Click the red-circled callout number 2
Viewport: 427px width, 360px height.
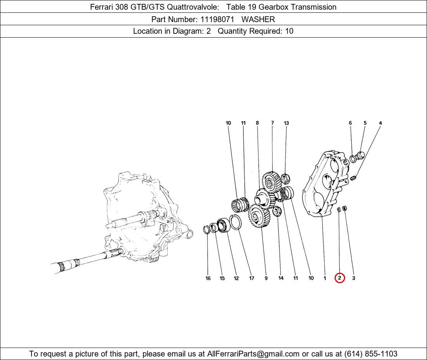[340, 278]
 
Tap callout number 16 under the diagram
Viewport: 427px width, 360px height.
[208, 278]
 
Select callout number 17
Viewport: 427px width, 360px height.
[252, 278]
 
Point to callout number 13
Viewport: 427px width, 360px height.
[286, 123]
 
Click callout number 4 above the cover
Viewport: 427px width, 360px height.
[380, 123]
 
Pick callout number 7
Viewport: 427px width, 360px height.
[273, 123]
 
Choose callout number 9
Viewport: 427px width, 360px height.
[266, 278]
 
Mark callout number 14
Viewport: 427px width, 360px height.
[281, 278]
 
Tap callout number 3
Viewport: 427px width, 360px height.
[354, 278]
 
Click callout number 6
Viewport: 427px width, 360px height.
[350, 123]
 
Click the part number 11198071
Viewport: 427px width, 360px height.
[217, 19]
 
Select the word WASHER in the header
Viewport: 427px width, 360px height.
[258, 19]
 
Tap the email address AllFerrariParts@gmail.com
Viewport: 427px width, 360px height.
[253, 354]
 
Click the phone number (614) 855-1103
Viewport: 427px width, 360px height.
[371, 354]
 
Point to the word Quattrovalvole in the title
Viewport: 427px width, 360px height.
[193, 7]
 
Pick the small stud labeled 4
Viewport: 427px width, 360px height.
[354, 178]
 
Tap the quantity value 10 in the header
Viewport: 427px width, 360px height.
[289, 31]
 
